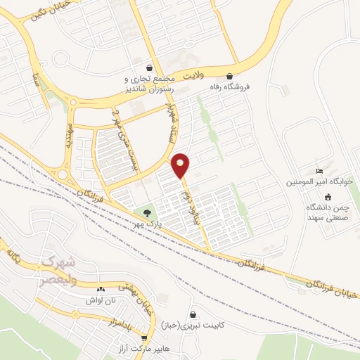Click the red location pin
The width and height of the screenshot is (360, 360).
click(181, 165)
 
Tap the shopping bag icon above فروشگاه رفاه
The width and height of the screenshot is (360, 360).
click(229, 77)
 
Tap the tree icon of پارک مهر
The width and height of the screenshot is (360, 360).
click(147, 212)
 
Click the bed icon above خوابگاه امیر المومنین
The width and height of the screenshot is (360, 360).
click(320, 171)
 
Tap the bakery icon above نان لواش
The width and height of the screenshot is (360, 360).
click(100, 288)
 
